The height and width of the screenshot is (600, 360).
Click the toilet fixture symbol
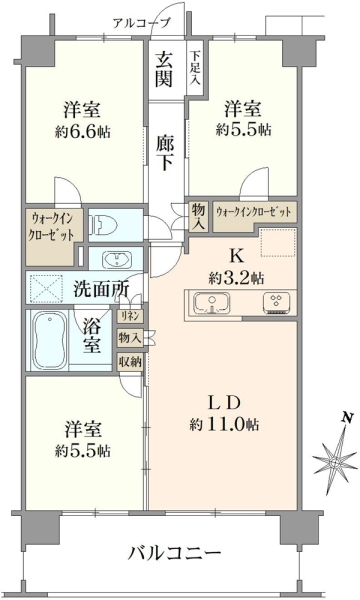point(100,224)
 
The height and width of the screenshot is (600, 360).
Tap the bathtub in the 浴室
point(48,340)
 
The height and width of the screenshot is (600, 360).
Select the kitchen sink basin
point(212,303)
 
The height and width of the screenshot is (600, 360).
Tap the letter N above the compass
point(347,417)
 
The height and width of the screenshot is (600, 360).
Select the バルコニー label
point(174,553)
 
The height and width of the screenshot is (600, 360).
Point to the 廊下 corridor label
point(165,153)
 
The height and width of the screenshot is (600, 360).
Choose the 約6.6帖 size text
point(83,132)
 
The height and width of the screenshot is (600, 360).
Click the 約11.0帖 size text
point(224,424)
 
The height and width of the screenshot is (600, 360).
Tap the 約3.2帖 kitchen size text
point(236,277)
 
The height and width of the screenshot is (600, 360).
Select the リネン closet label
point(130,316)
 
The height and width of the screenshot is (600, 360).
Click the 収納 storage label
point(130,361)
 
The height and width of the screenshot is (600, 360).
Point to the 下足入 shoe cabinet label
point(195,68)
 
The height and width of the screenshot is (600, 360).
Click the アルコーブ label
point(141,23)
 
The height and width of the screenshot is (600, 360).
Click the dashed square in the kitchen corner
point(278,242)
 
